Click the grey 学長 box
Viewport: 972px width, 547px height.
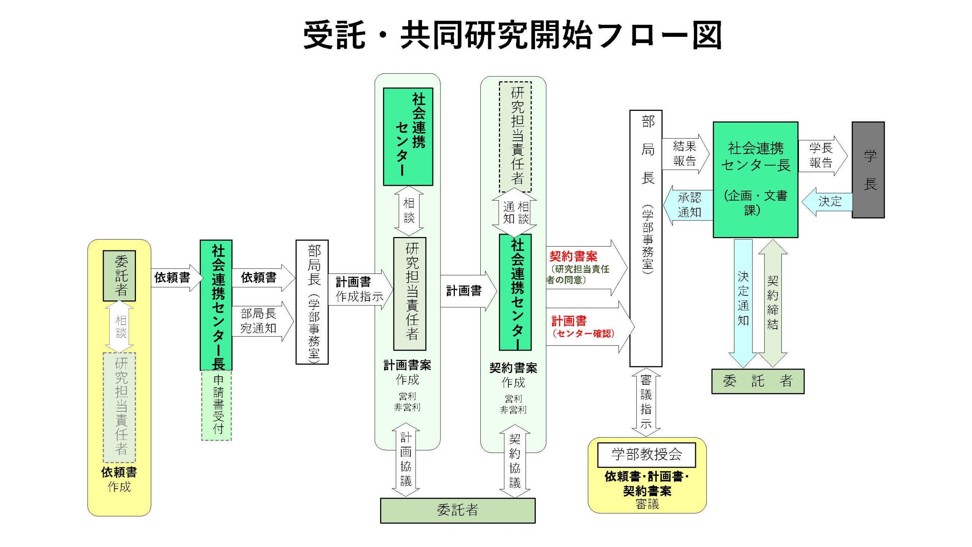point(868,170)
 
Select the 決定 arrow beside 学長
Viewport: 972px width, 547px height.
point(828,201)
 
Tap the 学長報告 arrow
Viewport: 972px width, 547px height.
point(822,155)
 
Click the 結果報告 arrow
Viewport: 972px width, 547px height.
point(685,154)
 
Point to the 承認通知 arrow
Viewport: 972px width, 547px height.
point(688,205)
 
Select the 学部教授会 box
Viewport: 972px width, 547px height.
point(646,455)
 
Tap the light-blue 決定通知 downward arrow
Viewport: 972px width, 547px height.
point(743,300)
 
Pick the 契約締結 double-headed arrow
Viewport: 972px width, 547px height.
point(773,302)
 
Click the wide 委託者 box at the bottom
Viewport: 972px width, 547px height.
point(458,510)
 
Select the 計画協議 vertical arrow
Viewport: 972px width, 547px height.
point(406,460)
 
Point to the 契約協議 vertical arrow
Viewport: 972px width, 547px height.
point(514,461)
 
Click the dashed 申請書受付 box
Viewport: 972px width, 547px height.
point(216,405)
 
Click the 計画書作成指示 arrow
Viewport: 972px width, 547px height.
point(359,289)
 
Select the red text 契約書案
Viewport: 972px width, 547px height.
point(573,256)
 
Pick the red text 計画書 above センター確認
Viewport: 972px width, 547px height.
point(569,321)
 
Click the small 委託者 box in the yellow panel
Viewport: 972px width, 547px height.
point(120,276)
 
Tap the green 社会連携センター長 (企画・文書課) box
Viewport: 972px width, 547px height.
point(755,179)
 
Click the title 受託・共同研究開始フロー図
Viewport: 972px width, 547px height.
point(512,35)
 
